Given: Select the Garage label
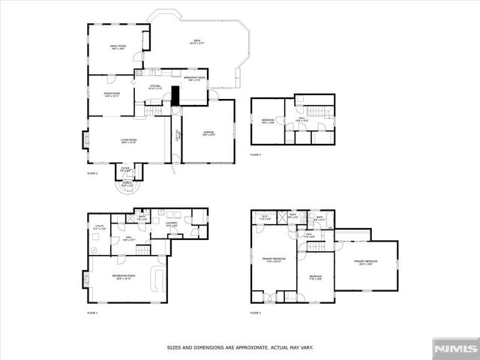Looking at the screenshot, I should (208, 133).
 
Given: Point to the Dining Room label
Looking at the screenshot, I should (112, 94).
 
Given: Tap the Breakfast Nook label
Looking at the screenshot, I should (194, 78).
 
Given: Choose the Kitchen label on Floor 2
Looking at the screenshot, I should (155, 87).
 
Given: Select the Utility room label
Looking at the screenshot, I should (99, 226).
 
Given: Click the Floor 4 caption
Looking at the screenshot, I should (256, 155).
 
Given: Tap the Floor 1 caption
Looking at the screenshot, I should (92, 312).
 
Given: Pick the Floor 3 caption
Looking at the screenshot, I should (256, 312).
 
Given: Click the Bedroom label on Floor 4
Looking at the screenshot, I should (268, 121).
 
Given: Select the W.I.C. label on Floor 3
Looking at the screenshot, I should (264, 218).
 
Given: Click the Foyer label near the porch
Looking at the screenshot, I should (125, 169).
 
